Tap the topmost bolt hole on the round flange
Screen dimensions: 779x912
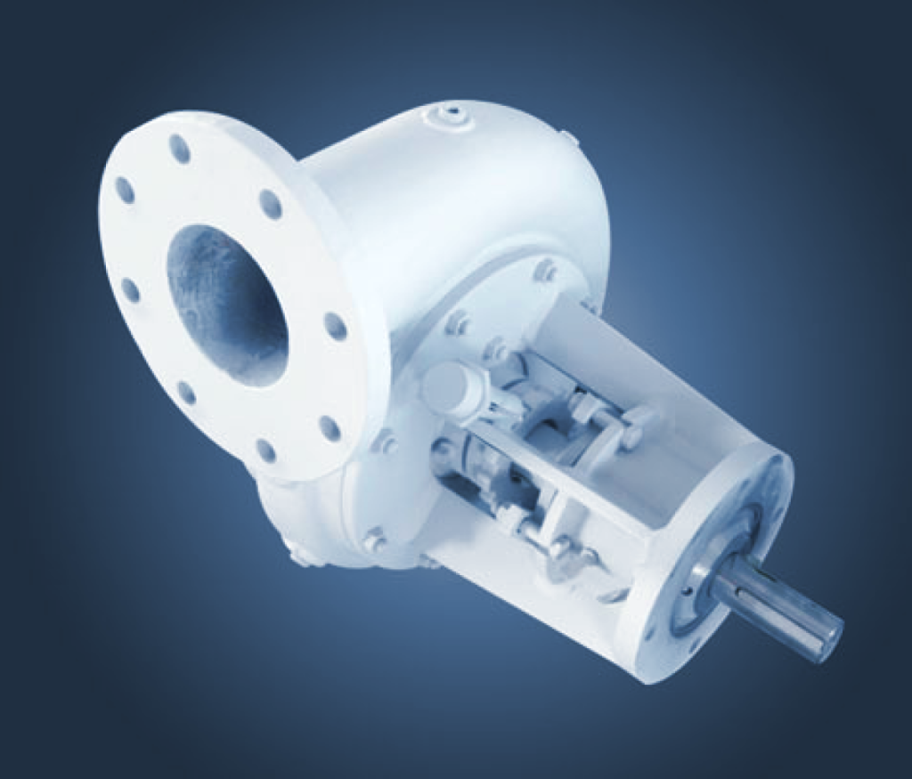coord(180,149)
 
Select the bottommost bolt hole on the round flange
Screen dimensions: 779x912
coord(265,450)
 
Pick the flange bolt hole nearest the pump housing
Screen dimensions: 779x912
coord(335,326)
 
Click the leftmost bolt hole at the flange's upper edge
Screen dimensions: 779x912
coord(125,190)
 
